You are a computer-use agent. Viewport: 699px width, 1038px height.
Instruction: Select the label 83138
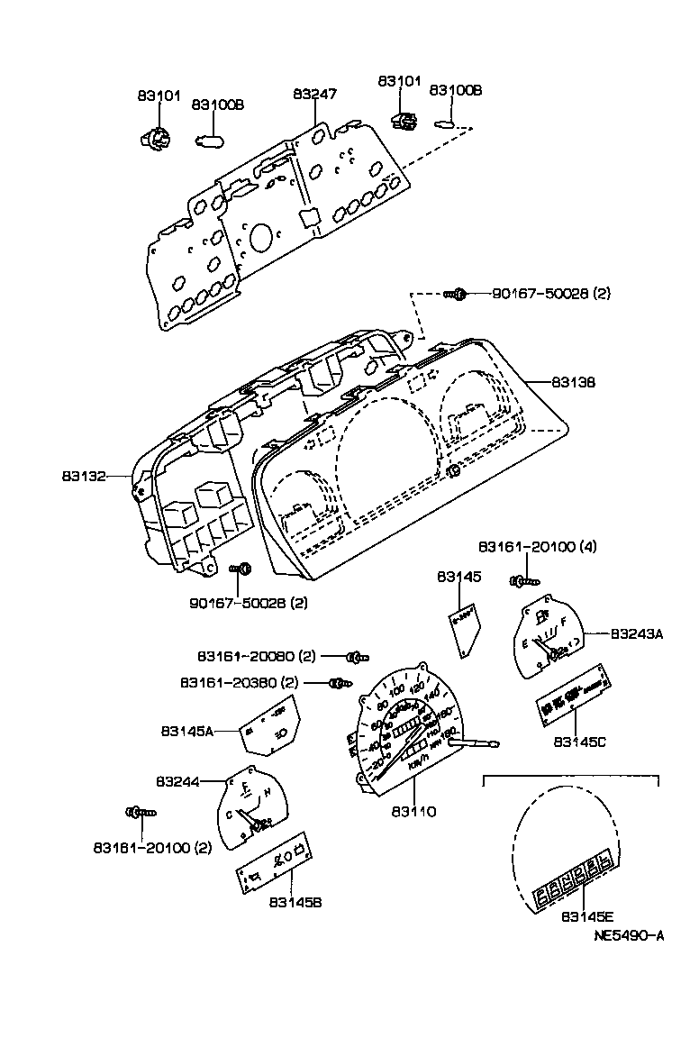pos(549,383)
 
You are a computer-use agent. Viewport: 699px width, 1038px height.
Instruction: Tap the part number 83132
pos(86,473)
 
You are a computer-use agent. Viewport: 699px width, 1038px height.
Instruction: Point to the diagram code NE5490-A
pos(629,936)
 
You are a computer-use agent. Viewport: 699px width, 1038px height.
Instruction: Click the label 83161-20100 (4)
pos(537,547)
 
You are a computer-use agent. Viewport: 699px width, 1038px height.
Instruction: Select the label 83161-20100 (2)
pos(140,847)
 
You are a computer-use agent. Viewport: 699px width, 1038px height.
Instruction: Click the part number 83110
pos(413,812)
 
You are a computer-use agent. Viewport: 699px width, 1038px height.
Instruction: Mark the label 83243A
pos(636,634)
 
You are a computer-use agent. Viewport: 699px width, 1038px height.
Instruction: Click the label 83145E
pos(586,917)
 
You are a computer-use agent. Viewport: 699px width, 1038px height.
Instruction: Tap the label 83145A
pos(187,731)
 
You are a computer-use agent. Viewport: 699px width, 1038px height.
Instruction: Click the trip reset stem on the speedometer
pos(477,742)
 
